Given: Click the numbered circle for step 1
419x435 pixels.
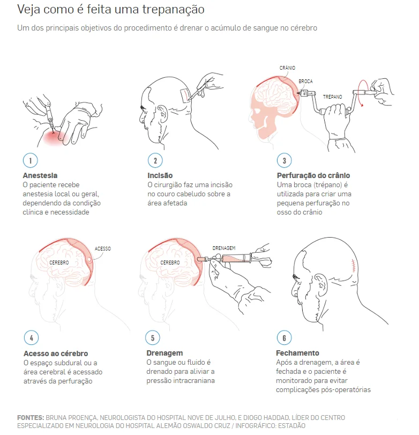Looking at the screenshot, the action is pos(30,160).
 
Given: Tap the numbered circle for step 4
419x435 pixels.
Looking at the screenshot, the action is pos(31,337).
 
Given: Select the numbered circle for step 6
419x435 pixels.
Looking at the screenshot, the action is pos(284,337).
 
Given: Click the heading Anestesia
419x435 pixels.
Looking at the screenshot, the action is pos(40,175).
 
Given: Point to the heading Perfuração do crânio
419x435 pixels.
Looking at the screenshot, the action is pos(313,175).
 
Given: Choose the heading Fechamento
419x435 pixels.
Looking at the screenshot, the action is pos(297,353).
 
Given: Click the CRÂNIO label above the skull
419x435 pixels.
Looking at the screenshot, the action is pos(287,68).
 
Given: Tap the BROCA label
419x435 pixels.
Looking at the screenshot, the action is pos(305,82).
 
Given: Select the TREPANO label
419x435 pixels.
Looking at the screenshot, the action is pos(333,97).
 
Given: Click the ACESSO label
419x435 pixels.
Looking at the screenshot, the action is pos(103,248).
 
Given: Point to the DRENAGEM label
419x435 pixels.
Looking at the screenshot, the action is pos(224,248).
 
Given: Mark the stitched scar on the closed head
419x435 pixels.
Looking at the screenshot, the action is pos(353,266).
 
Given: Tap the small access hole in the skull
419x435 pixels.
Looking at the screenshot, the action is pos(89,260).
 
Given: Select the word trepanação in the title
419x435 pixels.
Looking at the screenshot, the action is pos(174,10).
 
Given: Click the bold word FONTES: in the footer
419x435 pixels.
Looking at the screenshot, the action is pos(31,417).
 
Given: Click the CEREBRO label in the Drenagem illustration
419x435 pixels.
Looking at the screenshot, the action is pos(170,262).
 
